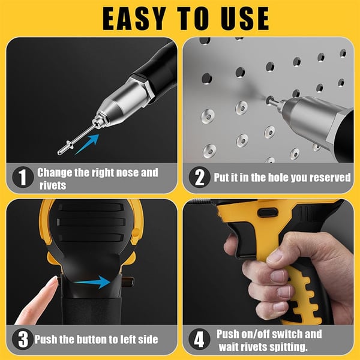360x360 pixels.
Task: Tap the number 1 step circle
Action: [23, 178]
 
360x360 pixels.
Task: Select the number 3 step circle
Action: [23, 340]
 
